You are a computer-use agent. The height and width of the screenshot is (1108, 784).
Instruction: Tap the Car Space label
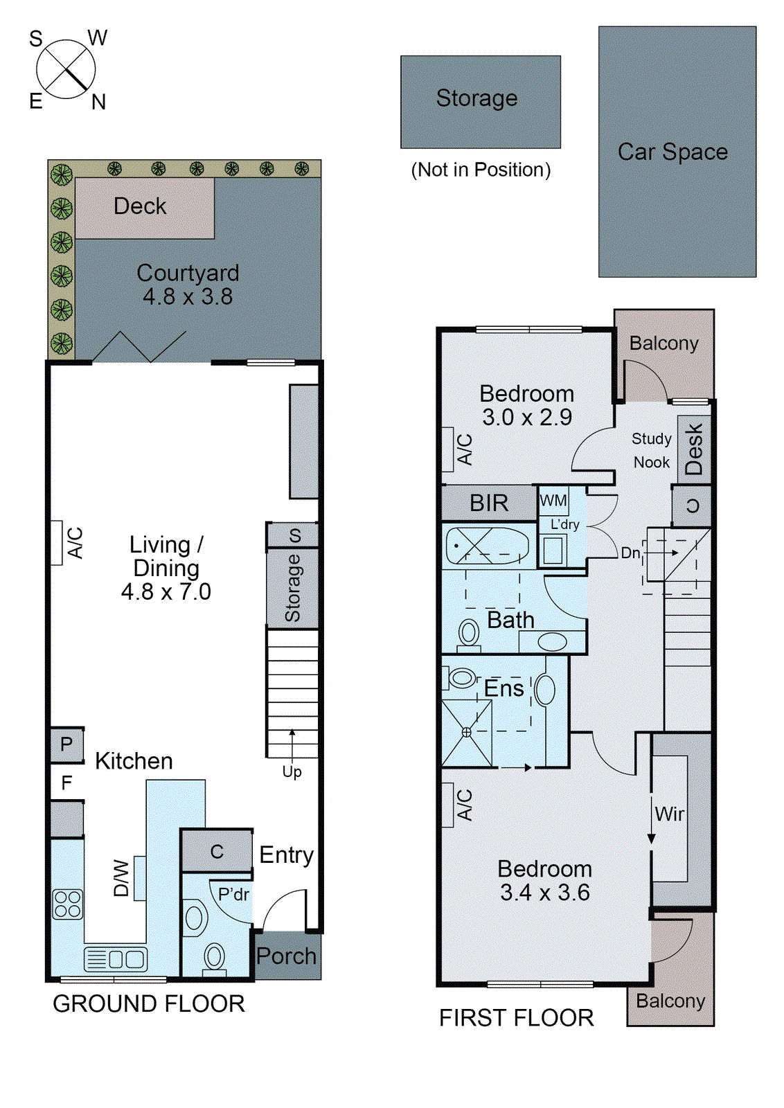pyautogui.click(x=672, y=152)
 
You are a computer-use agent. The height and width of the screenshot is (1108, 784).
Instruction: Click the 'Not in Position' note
pyautogui.click(x=481, y=170)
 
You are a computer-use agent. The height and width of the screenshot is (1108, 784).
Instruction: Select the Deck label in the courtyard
pyautogui.click(x=140, y=206)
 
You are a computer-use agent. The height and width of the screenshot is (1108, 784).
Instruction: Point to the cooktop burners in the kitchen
pyautogui.click(x=68, y=904)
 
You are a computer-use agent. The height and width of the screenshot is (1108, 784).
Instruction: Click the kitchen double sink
pyautogui.click(x=116, y=959)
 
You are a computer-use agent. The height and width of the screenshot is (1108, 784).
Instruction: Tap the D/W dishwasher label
pyautogui.click(x=121, y=879)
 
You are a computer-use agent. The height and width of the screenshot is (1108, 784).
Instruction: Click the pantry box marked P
pyautogui.click(x=66, y=744)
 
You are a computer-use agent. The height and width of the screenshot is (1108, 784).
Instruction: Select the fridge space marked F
pyautogui.click(x=66, y=783)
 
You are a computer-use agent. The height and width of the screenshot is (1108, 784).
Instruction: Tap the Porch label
pyautogui.click(x=287, y=956)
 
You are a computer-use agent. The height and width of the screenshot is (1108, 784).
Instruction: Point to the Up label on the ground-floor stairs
pyautogui.click(x=292, y=771)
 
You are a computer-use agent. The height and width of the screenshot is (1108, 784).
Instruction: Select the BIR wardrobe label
pyautogui.click(x=489, y=503)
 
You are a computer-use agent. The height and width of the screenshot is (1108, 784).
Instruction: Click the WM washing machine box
pyautogui.click(x=553, y=501)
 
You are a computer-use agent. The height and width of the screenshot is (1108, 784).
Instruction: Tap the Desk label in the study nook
pyautogui.click(x=694, y=449)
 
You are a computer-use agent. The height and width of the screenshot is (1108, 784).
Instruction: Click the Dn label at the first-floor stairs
pyautogui.click(x=631, y=553)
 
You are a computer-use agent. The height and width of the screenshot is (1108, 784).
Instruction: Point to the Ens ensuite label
pyautogui.click(x=504, y=688)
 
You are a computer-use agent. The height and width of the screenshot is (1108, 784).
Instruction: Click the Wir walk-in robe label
pyautogui.click(x=669, y=814)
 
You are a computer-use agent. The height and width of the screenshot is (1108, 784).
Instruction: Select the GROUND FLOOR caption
pyautogui.click(x=149, y=1003)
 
